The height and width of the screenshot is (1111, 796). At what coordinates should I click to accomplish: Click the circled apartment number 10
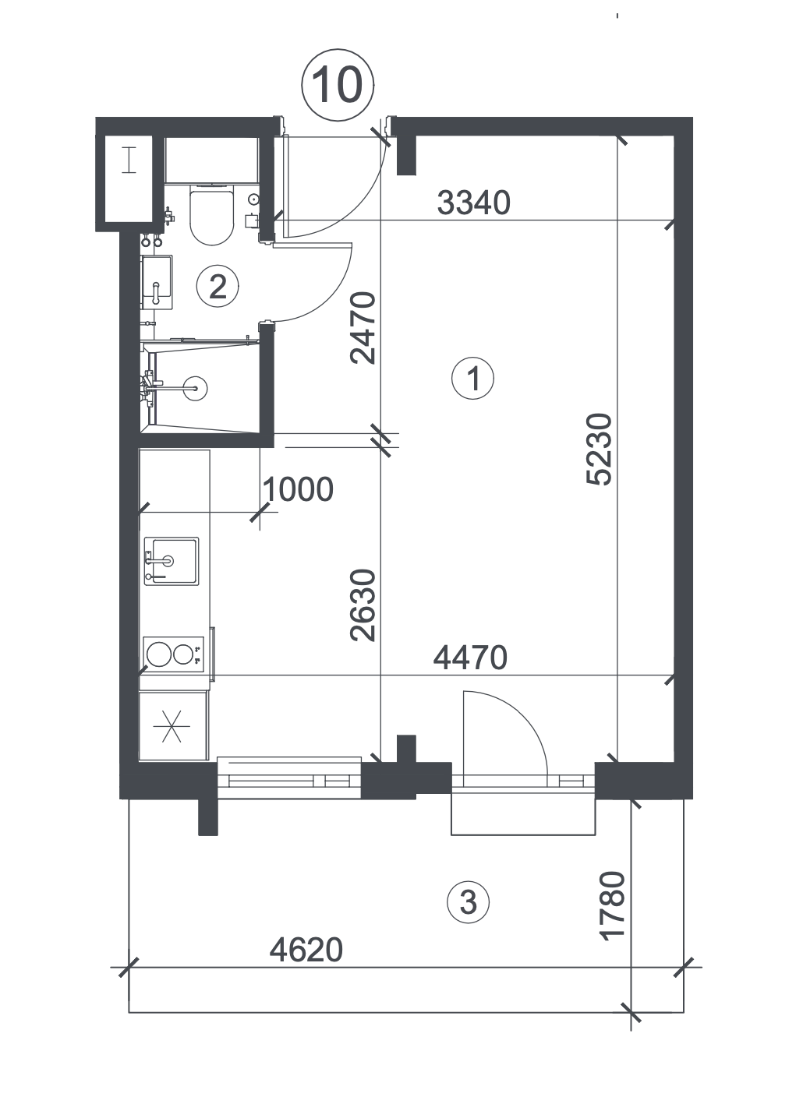(x=338, y=85)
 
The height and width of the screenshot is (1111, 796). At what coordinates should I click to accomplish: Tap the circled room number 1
(x=472, y=379)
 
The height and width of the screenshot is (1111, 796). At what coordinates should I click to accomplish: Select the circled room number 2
(x=218, y=286)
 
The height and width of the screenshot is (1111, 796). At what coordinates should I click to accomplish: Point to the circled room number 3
(x=468, y=901)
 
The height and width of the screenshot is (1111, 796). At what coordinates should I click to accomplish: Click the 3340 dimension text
(x=473, y=203)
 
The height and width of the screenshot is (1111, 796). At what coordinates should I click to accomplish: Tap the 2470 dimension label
(x=363, y=328)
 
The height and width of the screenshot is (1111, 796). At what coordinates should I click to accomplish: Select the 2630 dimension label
(x=363, y=605)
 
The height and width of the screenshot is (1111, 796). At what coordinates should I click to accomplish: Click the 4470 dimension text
(x=470, y=658)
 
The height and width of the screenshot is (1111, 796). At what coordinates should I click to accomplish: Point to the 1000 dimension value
(x=298, y=489)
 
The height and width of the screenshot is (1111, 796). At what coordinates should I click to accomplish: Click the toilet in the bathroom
(x=211, y=215)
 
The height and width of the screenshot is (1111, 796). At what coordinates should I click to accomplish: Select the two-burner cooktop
(x=174, y=654)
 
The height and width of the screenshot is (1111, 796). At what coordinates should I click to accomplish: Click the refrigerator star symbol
(x=172, y=727)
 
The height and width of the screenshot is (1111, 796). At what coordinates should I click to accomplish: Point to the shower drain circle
(x=195, y=387)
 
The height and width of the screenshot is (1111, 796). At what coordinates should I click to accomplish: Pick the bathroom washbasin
(x=157, y=282)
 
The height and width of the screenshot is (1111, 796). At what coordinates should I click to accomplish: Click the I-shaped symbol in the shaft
(x=129, y=160)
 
